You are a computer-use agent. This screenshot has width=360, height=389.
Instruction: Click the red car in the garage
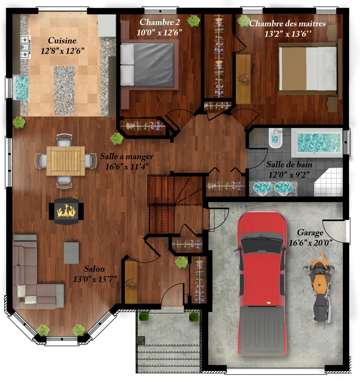pos(261,283)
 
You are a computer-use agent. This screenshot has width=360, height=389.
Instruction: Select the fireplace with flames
pos(66,211)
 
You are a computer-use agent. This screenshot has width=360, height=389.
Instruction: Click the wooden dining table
pos(66,161)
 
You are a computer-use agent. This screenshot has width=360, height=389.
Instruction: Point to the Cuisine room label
pos(62,40)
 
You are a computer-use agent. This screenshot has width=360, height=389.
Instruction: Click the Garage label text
pos(310,233)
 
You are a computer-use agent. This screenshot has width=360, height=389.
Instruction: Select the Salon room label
pos(94,269)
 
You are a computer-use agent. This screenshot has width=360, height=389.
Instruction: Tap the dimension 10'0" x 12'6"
pos(159,32)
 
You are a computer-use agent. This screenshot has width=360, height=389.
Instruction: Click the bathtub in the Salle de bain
pos(317,143)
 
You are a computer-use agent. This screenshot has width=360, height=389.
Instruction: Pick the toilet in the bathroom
pos(275,138)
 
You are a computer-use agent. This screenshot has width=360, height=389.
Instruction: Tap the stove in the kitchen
pos(25,47)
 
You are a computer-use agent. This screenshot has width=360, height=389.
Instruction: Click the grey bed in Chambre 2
pos(149,65)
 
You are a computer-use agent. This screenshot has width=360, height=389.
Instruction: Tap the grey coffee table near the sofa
pos(72,253)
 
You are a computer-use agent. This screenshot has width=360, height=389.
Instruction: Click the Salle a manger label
pos(127,156)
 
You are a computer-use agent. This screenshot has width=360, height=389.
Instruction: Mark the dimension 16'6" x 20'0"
pos(310,243)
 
